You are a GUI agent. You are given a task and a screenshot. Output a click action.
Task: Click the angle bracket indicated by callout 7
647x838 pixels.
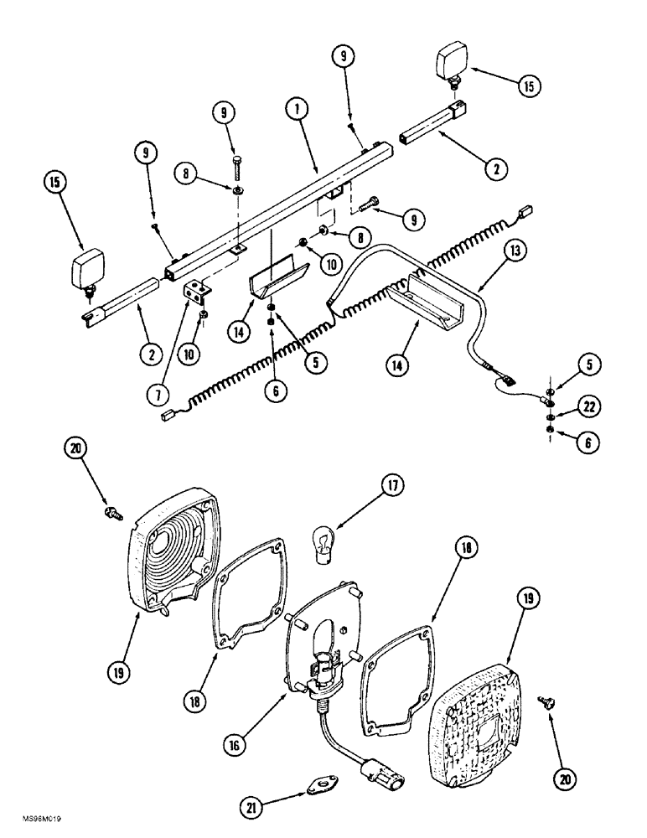197,292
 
